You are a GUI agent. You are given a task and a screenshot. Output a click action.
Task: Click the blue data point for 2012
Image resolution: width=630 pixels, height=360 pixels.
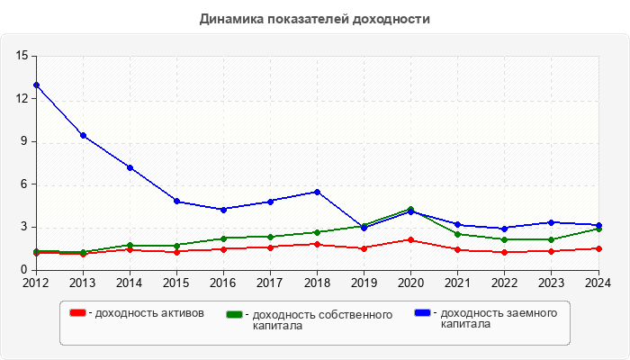tap(36, 85)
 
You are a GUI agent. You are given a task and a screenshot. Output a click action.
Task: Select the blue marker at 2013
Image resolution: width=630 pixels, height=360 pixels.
tap(83, 136)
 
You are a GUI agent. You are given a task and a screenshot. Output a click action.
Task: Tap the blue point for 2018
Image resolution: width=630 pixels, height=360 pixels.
tap(317, 192)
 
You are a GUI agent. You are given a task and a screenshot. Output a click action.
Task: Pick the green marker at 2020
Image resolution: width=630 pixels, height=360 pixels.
tap(410, 209)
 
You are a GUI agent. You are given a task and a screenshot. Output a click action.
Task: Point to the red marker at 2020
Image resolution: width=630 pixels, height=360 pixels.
tap(410, 239)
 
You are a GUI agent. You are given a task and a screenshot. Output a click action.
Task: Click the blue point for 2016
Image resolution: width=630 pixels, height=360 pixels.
tap(223, 209)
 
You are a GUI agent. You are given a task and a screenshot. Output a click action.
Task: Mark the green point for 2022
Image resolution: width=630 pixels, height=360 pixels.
tap(504, 239)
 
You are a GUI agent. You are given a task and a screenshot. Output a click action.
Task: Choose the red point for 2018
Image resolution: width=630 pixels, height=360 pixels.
tap(317, 244)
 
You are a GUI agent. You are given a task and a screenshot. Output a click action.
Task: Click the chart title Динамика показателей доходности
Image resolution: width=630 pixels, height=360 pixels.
tap(314, 18)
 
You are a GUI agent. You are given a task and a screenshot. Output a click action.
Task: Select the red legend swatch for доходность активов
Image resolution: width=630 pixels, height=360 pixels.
tap(78, 313)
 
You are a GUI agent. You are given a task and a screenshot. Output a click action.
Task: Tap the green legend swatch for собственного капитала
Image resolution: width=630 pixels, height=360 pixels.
tap(236, 315)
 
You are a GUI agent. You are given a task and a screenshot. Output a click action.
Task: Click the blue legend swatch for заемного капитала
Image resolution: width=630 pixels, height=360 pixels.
tap(423, 313)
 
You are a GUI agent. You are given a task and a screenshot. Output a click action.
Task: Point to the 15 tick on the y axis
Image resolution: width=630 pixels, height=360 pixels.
tap(22, 56)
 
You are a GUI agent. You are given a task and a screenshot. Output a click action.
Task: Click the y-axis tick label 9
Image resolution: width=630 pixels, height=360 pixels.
tap(26, 141)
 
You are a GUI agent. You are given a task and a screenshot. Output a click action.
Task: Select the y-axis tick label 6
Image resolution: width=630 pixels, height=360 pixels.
tap(26, 184)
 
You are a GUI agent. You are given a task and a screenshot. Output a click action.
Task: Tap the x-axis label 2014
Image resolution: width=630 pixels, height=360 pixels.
tap(130, 283)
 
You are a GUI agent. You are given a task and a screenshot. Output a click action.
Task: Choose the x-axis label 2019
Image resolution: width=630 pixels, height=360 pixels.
tap(364, 283)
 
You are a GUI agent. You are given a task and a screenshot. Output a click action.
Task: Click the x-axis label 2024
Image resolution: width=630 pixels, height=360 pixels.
tap(597, 283)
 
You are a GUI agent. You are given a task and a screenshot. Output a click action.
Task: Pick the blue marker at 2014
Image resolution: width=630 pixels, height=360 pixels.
tap(130, 167)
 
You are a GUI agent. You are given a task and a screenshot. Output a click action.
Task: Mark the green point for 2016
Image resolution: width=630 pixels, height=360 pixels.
tap(223, 238)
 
